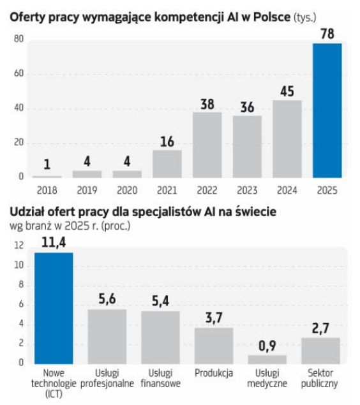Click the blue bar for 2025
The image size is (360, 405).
pos(327,110)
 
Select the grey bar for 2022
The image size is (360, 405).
pos(207,145)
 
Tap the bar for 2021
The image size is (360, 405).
pos(167,164)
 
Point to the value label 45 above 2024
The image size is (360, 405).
pos(287,91)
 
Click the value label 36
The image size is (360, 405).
pos(247,107)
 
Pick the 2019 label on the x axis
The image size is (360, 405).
pos(87,190)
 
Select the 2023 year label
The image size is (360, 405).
pos(247,190)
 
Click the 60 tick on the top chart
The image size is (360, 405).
pos(19,73)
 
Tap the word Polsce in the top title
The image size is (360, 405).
pos(272,17)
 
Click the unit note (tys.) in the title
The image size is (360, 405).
pos(305,18)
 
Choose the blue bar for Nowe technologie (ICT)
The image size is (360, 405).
pos(54,309)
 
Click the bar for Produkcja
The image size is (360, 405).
pos(214,346)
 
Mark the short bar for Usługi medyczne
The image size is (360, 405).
pos(267,360)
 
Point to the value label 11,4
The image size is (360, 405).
pos(54,242)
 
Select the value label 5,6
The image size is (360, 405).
pos(107,299)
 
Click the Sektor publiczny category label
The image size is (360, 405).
pos(320,378)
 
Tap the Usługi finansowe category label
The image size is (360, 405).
pos(160,378)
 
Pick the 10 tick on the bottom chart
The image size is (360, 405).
pos(19,265)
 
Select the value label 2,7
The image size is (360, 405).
pos(320,328)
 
